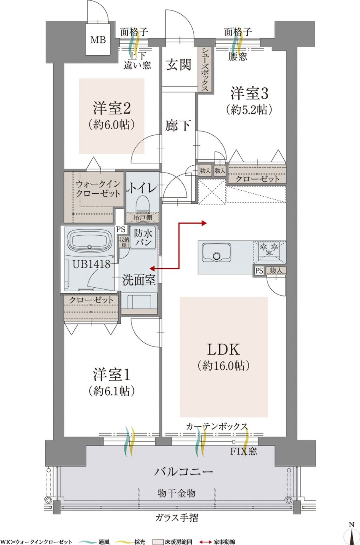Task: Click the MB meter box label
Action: tap(98, 40)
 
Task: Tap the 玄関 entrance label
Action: tap(178, 64)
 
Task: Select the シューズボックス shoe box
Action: tap(205, 70)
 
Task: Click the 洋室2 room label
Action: tap(112, 108)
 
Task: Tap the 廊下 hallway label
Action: tap(178, 125)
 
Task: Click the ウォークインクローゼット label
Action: tap(98, 188)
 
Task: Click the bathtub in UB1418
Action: tap(90, 241)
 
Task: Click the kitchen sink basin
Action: tap(216, 253)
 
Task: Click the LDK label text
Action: tap(223, 350)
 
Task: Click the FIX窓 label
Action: tap(243, 451)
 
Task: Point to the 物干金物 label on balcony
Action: tap(176, 493)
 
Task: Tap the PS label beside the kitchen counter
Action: tap(259, 271)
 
